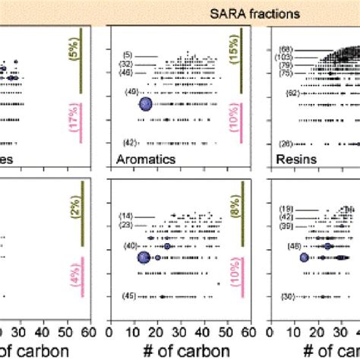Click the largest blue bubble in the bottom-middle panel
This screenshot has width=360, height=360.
pyautogui.click(x=144, y=258)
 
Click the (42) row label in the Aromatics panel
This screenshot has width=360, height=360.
pyautogui.click(x=130, y=143)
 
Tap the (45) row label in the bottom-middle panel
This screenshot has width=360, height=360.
pyautogui.click(x=130, y=296)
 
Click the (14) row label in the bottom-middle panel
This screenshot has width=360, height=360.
pyautogui.click(x=126, y=216)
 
